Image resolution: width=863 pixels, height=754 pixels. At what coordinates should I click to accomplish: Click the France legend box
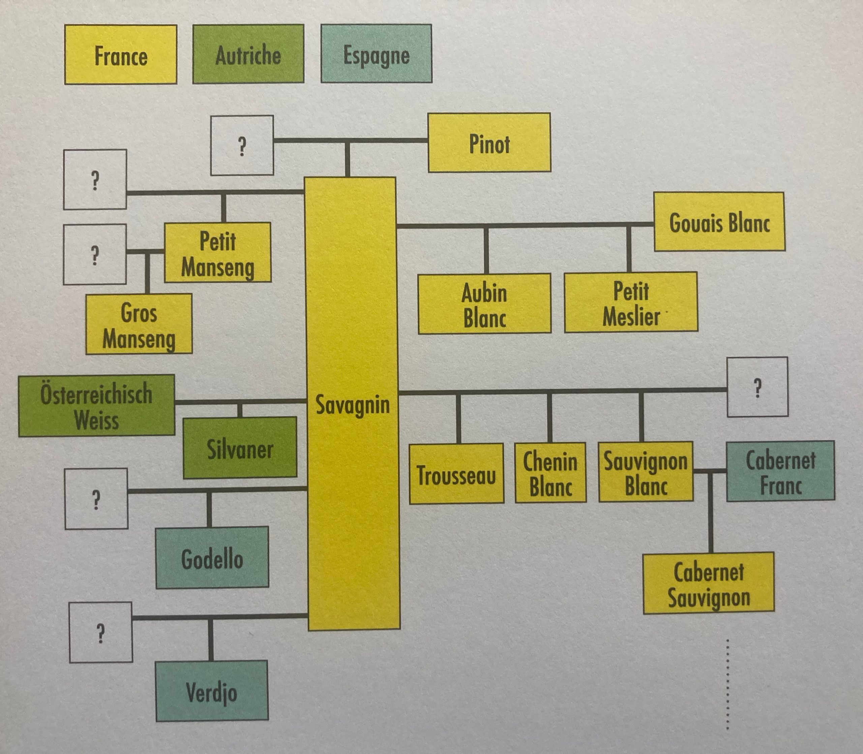pyautogui.click(x=121, y=55)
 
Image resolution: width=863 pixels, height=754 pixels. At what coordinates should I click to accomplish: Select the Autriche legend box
pyautogui.click(x=248, y=54)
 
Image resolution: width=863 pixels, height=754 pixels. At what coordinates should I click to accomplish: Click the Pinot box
pyautogui.click(x=489, y=143)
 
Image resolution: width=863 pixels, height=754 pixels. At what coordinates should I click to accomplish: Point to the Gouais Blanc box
pyautogui.click(x=719, y=222)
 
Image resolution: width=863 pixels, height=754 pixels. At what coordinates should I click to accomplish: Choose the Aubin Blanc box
pyautogui.click(x=484, y=303)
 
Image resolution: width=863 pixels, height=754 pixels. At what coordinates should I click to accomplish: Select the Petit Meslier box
pyautogui.click(x=631, y=302)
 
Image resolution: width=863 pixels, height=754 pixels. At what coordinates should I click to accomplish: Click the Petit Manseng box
pyautogui.click(x=217, y=253)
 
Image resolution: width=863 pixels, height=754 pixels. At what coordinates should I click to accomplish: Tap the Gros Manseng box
pyautogui.click(x=139, y=324)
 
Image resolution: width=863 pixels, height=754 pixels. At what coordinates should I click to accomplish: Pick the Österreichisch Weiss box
pyautogui.click(x=97, y=405)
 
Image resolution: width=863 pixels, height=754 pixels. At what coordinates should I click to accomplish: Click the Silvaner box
pyautogui.click(x=240, y=448)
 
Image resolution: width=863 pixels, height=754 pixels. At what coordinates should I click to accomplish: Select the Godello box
pyautogui.click(x=212, y=558)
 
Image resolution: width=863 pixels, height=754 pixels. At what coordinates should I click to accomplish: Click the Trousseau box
pyautogui.click(x=456, y=474)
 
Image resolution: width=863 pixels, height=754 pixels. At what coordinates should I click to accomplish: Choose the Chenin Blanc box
pyautogui.click(x=550, y=472)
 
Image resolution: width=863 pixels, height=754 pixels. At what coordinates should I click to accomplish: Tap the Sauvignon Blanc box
pyautogui.click(x=646, y=472)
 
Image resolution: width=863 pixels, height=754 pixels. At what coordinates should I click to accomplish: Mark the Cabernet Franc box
pyautogui.click(x=780, y=471)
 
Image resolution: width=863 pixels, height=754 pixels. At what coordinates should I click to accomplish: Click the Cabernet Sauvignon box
pyautogui.click(x=709, y=583)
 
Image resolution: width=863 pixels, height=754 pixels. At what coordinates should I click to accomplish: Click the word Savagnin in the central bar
pyautogui.click(x=352, y=405)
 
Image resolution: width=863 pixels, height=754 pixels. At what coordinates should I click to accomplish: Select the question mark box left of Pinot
pyautogui.click(x=242, y=146)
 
